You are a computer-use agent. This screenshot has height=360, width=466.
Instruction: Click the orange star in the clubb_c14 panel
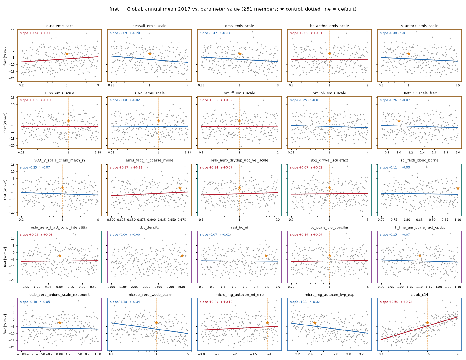pos(427,323)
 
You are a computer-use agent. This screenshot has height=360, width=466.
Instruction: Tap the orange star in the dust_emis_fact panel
pos(67,54)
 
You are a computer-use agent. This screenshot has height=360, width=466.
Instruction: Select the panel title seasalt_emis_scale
pos(149,26)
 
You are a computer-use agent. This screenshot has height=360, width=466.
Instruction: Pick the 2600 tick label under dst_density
pos(182,287)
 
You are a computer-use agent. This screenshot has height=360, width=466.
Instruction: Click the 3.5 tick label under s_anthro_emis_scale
pos(458,85)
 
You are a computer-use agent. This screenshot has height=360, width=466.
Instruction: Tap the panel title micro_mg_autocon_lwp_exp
pos(329,295)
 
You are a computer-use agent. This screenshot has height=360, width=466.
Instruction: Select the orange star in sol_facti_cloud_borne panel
pos(458,188)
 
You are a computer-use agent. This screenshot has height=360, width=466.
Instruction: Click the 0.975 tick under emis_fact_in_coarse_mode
pos(182,220)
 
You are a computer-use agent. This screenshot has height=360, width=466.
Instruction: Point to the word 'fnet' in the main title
pos(114,9)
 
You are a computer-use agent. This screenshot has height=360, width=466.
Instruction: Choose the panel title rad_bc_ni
pos(239,227)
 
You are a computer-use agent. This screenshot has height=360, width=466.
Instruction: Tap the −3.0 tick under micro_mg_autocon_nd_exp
pos(201,354)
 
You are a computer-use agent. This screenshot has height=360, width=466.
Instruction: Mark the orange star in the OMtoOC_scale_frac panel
pos(399,121)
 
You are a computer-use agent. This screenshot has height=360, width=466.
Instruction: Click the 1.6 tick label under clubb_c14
pos(427,354)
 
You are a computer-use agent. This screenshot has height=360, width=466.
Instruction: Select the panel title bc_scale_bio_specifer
pos(329,227)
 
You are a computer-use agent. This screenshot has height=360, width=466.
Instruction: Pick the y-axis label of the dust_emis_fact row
pos(5,55)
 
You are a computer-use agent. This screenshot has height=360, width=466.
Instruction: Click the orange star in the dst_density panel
pos(182,255)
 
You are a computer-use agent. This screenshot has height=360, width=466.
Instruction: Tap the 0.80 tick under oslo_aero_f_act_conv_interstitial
pos(60,287)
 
